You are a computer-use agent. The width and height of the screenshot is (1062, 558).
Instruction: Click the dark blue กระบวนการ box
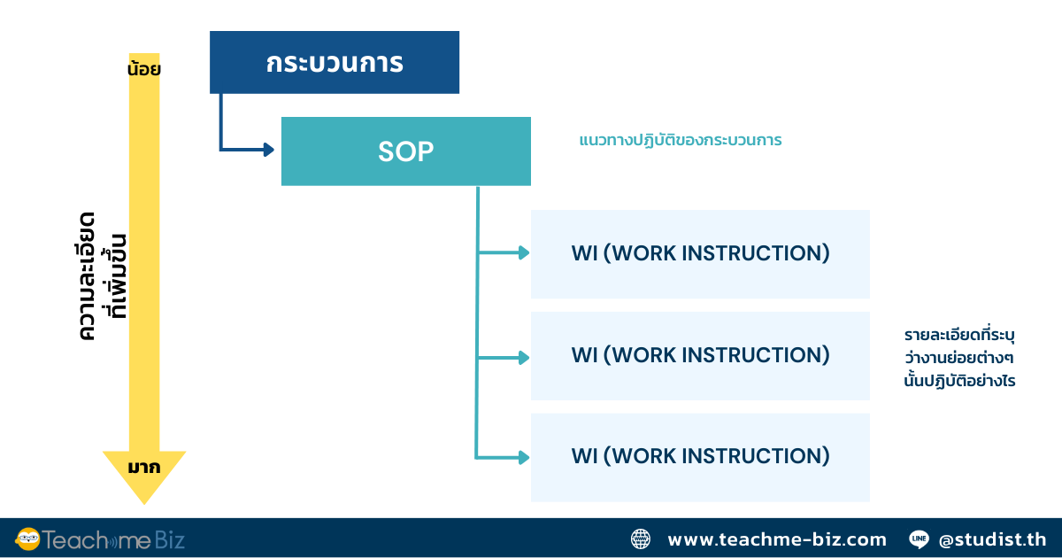pos(335,62)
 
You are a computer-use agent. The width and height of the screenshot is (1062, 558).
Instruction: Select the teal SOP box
pos(406,151)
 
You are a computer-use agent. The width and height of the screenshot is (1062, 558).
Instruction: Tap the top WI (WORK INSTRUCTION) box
pos(700,254)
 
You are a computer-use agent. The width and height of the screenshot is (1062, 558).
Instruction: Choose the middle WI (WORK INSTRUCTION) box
pos(700,356)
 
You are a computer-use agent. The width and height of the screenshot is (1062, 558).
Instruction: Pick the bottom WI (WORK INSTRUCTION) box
pos(700,457)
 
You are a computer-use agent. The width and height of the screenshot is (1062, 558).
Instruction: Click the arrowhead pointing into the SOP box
pos(268,150)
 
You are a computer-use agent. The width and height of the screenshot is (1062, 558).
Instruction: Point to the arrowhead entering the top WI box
pos(523,253)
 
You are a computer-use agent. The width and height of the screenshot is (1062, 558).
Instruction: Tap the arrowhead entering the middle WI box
pos(523,358)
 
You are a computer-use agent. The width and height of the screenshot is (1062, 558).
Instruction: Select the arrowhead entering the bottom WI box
pos(523,457)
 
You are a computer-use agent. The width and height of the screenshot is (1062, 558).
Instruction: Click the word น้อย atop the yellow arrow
pos(143,68)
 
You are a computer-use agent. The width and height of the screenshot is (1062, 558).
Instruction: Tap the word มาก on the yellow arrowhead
pos(143,467)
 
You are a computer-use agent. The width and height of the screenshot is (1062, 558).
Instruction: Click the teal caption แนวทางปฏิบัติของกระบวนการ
pos(681,140)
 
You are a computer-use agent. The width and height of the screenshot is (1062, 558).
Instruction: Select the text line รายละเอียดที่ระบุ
pos(958,336)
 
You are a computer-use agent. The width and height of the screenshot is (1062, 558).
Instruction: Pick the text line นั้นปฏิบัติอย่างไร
pos(958,382)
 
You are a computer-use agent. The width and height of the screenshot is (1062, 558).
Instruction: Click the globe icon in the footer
pos(641,539)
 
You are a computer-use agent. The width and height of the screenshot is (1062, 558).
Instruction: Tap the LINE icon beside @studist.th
pos(919,539)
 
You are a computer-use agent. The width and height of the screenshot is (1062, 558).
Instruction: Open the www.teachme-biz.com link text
pos(776,539)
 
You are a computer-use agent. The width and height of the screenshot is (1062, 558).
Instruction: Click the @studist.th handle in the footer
pos(992,539)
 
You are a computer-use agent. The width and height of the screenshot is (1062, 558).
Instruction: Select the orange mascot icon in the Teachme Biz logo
pos(28,539)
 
